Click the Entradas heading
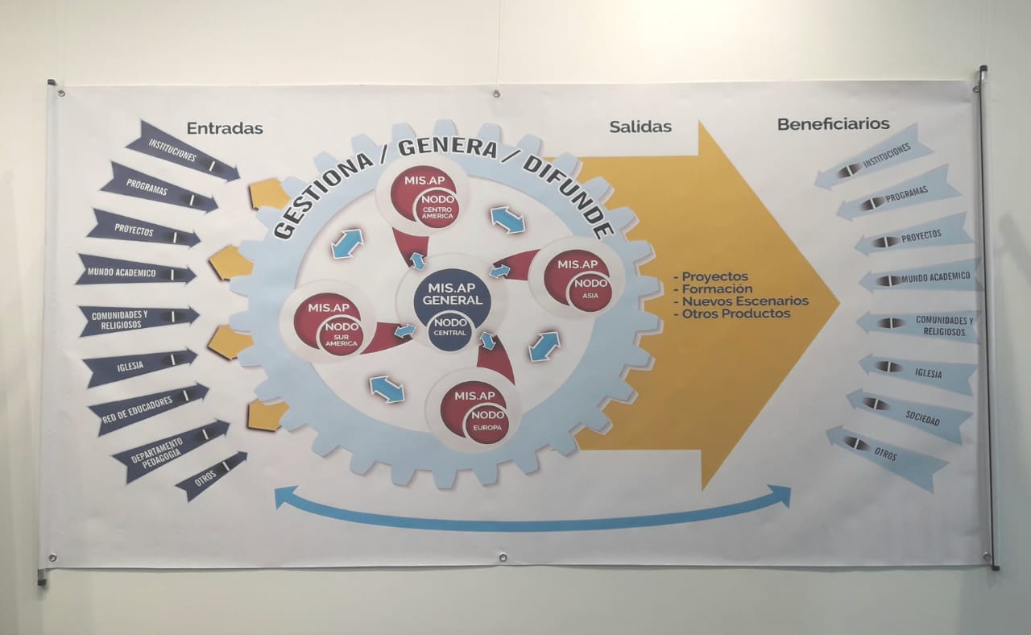pos(225,128)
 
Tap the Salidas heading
pos(640,127)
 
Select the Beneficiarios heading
pos(833,124)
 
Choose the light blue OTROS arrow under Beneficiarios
pos(886,456)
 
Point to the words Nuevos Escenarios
pos(744,301)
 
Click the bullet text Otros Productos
pos(735,314)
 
